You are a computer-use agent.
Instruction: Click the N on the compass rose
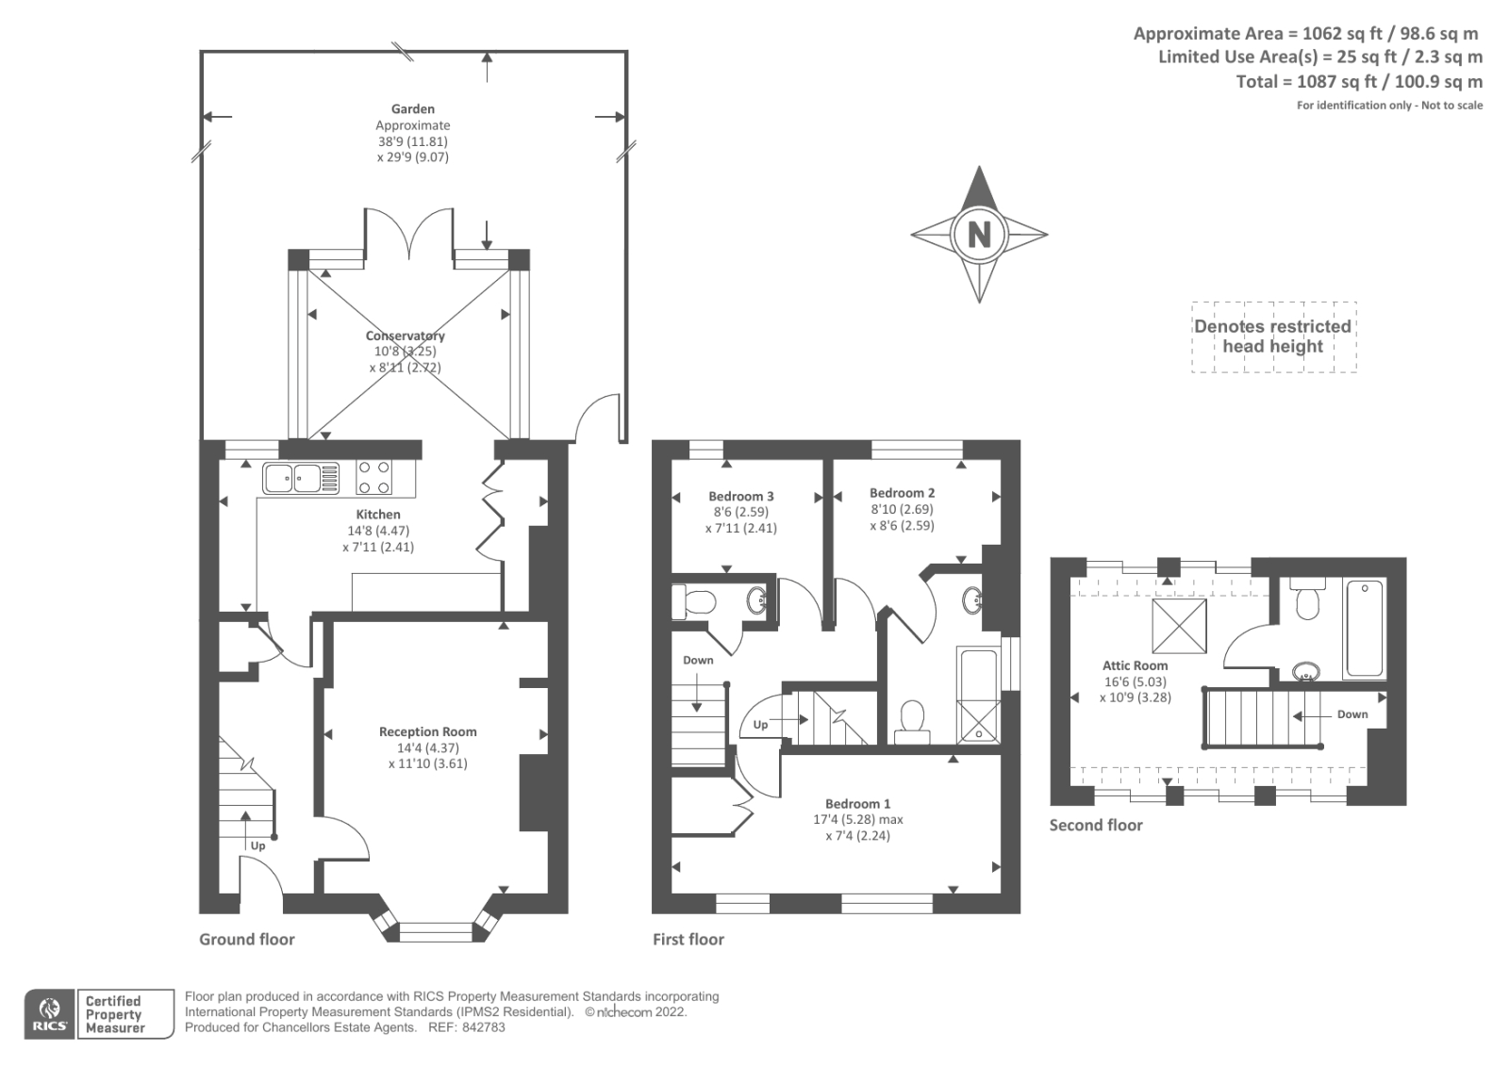point(979,234)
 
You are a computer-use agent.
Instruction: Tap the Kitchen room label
point(378,515)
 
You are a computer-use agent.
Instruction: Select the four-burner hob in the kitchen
point(373,478)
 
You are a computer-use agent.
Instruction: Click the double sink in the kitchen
point(301,478)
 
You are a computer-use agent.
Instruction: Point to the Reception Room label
point(427,731)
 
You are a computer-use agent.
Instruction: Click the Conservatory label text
point(405,336)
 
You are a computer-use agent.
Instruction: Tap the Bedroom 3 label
point(741,497)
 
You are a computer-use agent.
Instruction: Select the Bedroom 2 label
point(902,493)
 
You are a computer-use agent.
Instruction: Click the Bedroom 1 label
point(857,804)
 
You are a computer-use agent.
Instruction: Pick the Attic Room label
point(1136,665)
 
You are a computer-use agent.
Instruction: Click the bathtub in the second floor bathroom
point(1365,629)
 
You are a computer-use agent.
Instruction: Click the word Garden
point(413,109)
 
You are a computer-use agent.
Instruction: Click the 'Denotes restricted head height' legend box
point(1273,336)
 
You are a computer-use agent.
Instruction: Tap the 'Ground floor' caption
point(247,940)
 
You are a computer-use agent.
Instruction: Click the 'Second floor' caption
point(1096,826)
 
